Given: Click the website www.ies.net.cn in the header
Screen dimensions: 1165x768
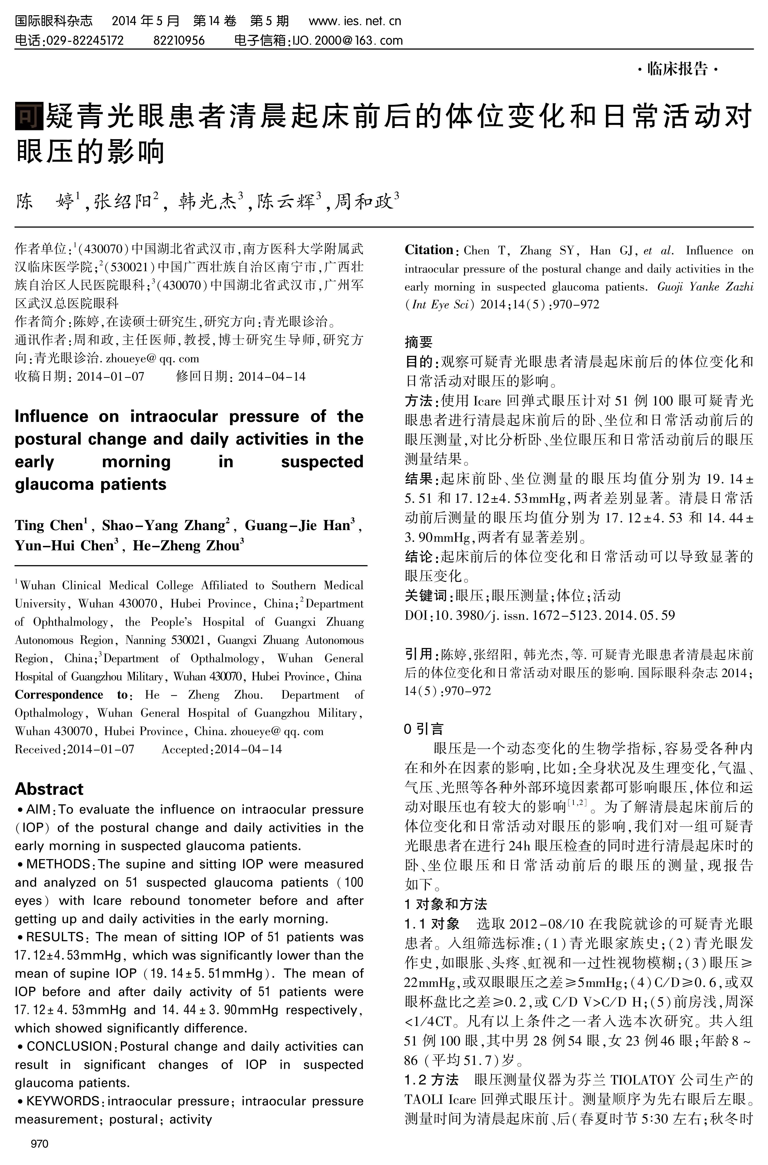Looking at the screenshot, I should (x=355, y=21).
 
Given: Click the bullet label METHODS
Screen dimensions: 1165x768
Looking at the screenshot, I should (x=58, y=864).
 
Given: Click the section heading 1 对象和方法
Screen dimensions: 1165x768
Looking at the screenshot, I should (x=446, y=904).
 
